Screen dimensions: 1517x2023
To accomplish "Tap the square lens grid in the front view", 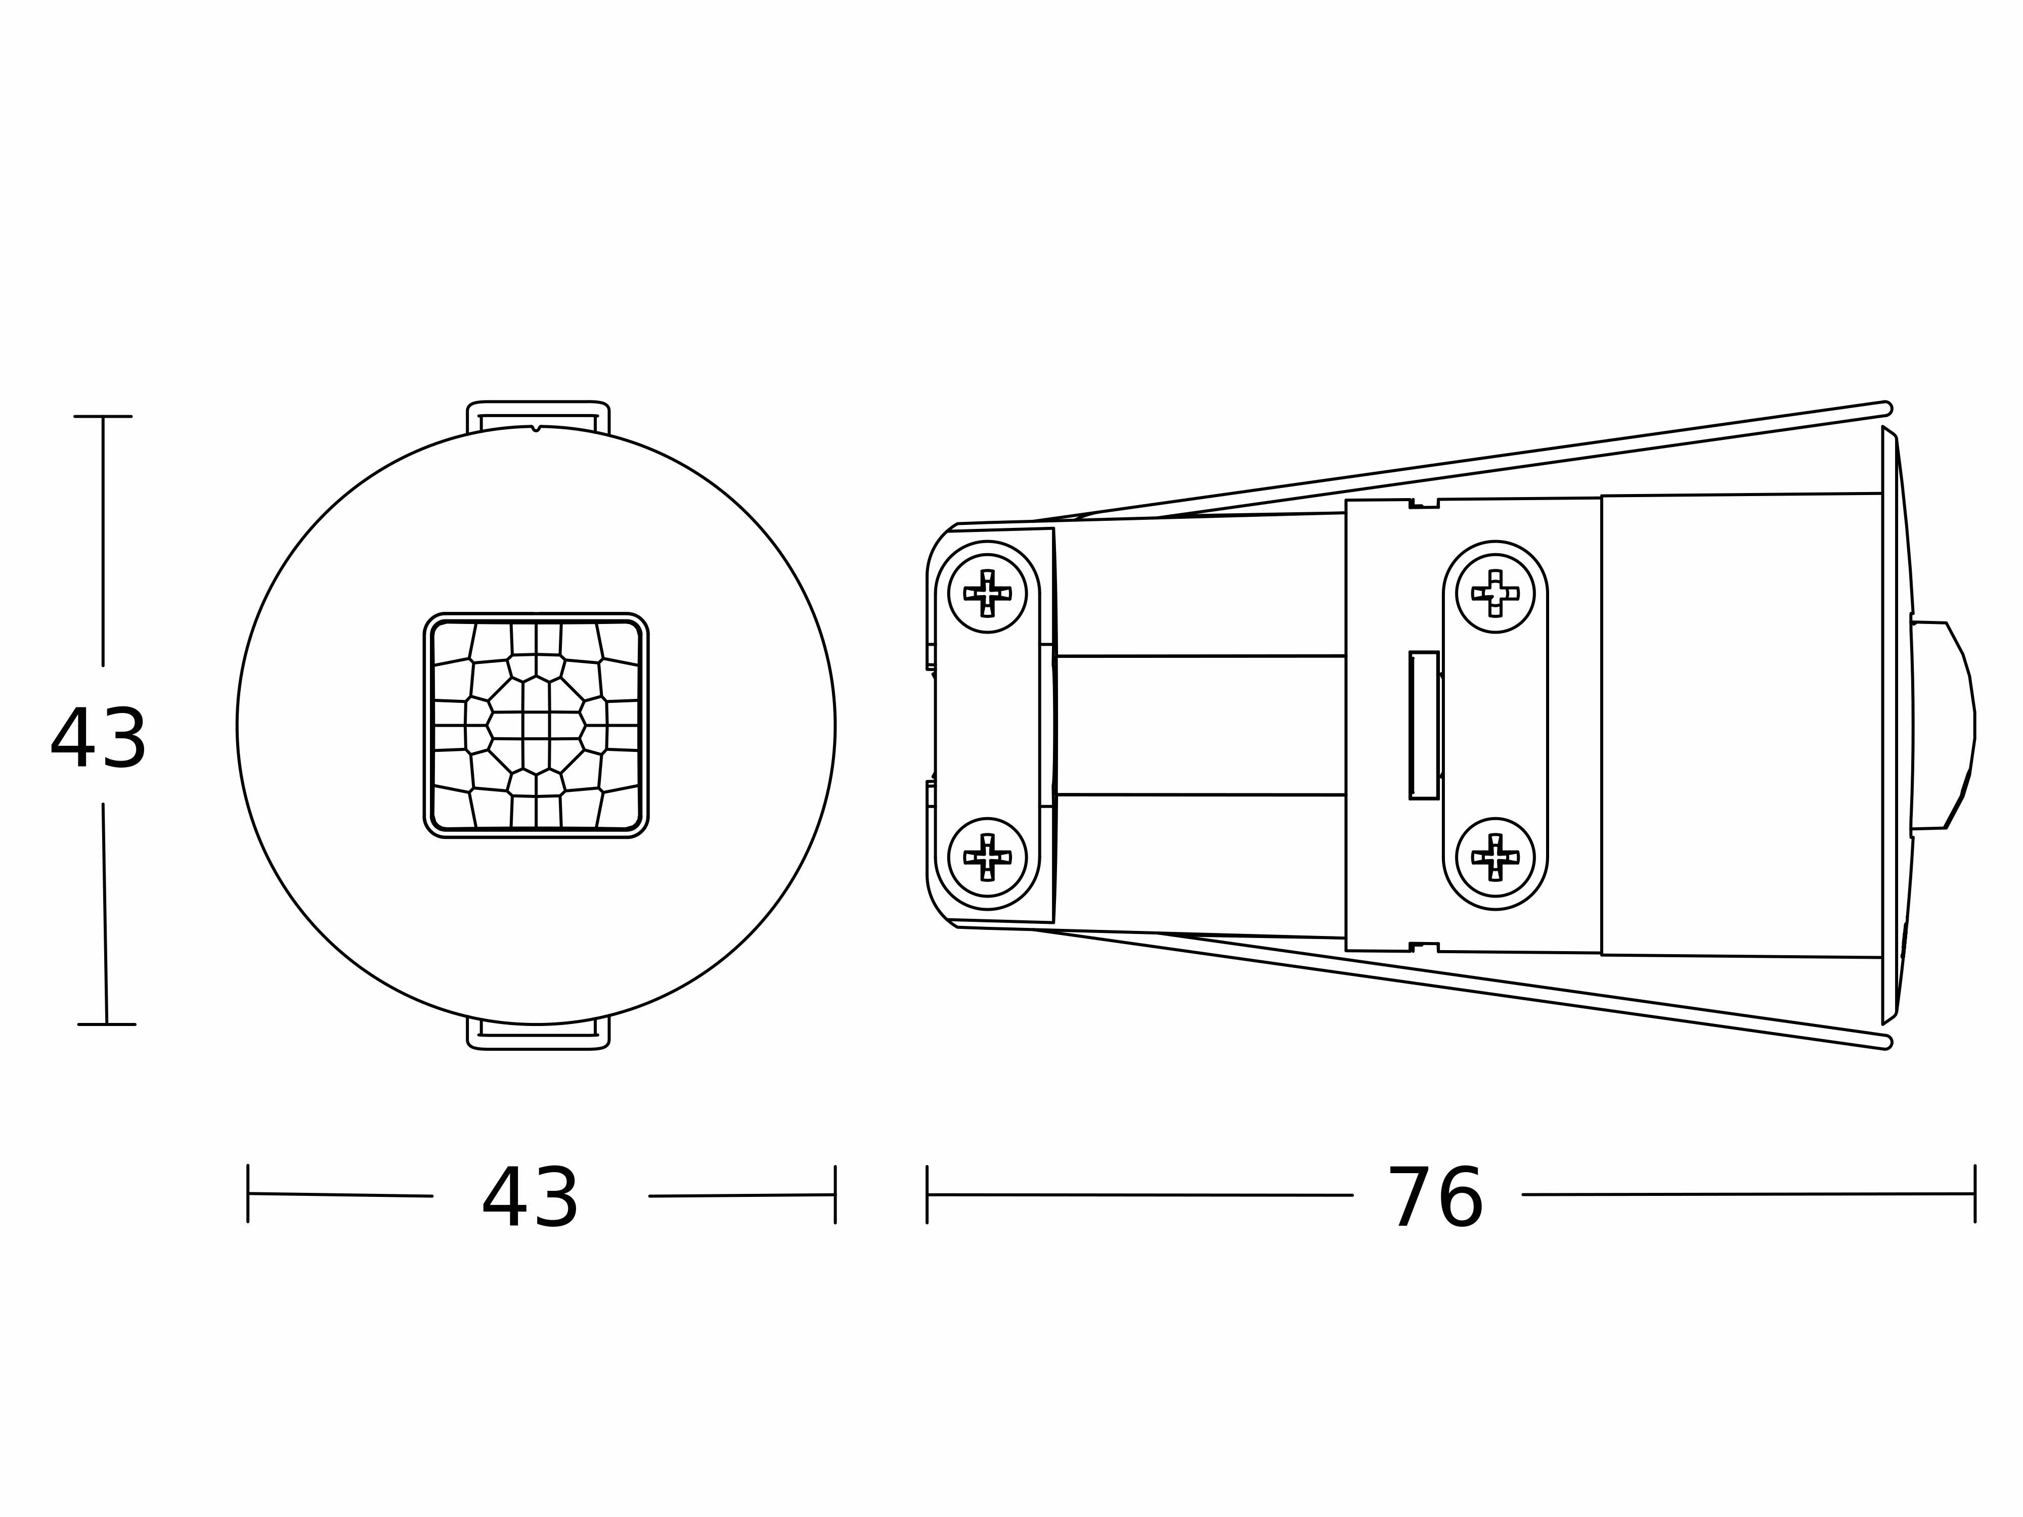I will pos(536,725).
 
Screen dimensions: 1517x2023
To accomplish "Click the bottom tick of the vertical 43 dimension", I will pos(106,1024).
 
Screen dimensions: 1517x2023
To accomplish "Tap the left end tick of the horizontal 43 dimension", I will pos(248,1193).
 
